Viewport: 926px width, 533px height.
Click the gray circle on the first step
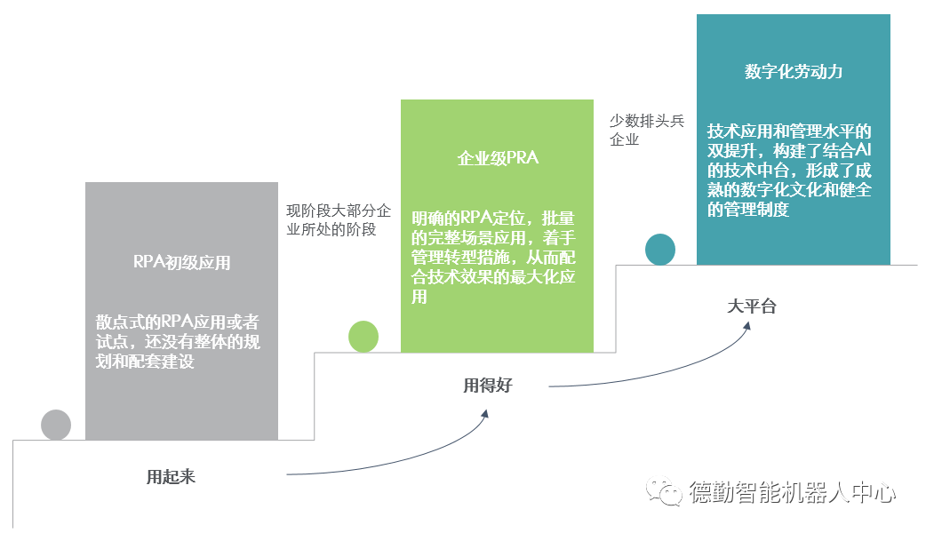point(56,425)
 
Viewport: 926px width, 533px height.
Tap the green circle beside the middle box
point(363,337)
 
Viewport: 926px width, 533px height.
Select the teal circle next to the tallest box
point(659,250)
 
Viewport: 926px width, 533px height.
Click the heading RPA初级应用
point(181,262)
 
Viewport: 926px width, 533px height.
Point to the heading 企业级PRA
point(498,159)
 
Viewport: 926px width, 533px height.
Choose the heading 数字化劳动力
point(794,72)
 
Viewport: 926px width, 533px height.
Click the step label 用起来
point(171,476)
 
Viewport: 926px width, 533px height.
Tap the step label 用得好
point(488,385)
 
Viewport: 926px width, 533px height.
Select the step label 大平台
point(752,306)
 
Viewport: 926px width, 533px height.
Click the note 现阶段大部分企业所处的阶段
point(338,220)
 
